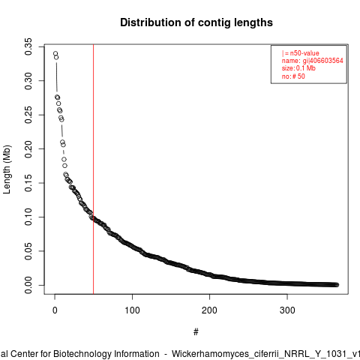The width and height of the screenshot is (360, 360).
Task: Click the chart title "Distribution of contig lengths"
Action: pos(196,22)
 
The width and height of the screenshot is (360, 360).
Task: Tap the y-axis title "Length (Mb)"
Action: pos(7,169)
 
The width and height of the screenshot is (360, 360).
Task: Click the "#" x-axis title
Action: pos(196,332)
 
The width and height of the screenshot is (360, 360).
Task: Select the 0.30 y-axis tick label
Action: pos(28,81)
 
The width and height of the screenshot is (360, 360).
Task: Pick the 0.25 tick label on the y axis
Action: pos(28,115)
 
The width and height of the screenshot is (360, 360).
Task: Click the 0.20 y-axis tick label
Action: pos(28,149)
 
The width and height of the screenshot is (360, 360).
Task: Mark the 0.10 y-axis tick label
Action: pos(28,217)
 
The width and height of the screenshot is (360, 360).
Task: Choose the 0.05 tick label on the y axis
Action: pos(28,251)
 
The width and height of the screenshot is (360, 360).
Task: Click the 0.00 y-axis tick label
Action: pos(28,285)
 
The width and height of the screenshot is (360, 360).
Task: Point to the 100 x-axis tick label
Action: pos(132,310)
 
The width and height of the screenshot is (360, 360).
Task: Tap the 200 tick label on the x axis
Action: pos(209,310)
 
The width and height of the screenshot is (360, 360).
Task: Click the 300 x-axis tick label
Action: pos(287,310)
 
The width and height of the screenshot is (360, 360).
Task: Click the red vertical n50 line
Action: pos(93,169)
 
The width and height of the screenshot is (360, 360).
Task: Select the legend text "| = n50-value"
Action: pos(301,53)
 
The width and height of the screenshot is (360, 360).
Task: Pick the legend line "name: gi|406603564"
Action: pos(313,61)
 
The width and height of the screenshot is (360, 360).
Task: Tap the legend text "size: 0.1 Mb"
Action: pos(298,68)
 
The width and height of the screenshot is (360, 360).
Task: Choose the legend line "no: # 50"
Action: pos(293,76)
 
